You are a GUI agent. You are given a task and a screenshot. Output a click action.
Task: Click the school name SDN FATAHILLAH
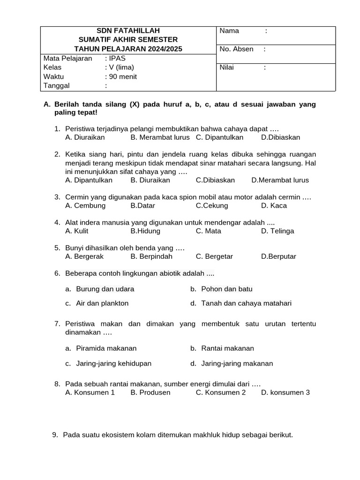coord(128,31)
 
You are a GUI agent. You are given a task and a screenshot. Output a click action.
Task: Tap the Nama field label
coord(229,31)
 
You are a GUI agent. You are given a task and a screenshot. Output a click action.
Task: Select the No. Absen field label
coord(236,49)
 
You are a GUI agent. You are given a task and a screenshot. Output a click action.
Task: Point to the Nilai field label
coord(227,67)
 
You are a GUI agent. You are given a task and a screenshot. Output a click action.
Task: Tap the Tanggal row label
coord(56,85)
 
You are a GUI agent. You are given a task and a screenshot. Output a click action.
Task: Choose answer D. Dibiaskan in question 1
coord(280,137)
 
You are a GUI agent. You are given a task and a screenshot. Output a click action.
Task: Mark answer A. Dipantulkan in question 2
coord(89,180)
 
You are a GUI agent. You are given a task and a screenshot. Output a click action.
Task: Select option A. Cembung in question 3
coord(85,205)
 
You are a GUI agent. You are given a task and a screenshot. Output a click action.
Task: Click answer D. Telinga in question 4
coord(277,231)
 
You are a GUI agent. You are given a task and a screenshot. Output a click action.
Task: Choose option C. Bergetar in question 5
coord(214,256)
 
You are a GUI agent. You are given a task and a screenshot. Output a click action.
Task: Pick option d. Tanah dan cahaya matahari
coord(241,303)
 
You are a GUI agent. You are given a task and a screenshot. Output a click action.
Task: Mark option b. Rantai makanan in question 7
coord(222,348)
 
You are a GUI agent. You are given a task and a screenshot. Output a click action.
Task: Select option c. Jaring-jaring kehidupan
coord(108,363)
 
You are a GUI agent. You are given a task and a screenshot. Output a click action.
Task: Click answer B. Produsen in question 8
coord(150,392)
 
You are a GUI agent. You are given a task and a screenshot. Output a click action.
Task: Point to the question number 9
coord(54,435)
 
